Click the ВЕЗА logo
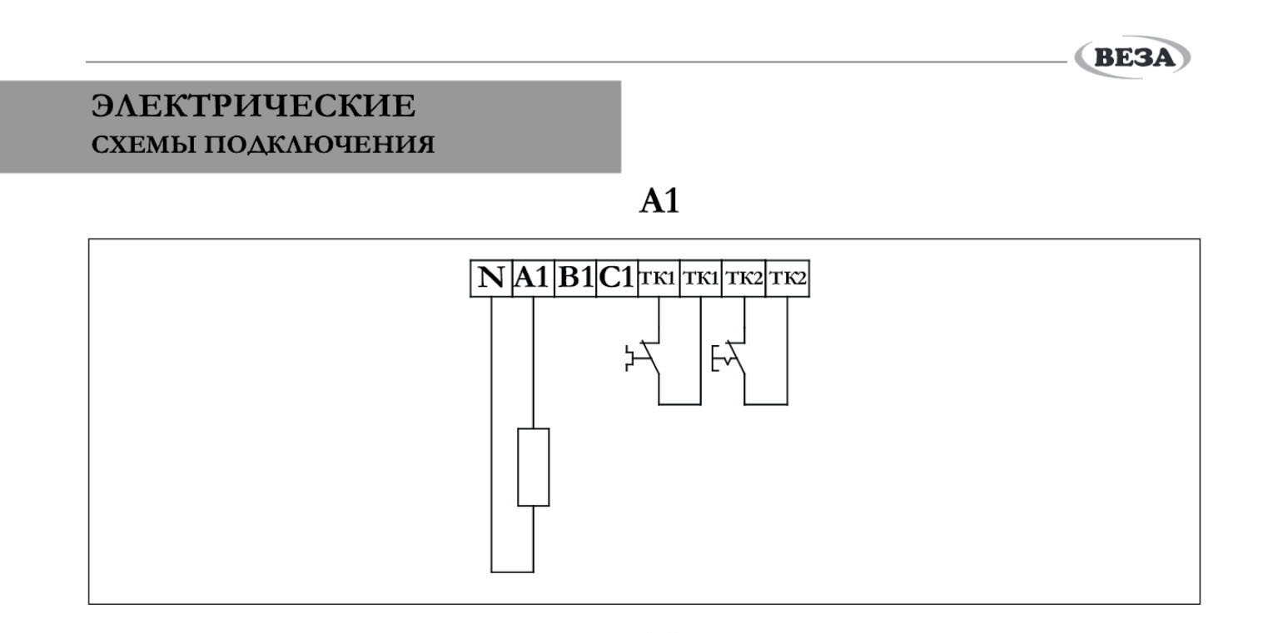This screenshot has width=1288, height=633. point(1132,58)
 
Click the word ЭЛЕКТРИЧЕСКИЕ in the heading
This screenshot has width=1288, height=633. point(253,106)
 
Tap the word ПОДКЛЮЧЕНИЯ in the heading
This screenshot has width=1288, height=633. point(320,146)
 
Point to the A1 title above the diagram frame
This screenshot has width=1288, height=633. point(659,201)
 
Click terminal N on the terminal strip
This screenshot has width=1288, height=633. point(491,278)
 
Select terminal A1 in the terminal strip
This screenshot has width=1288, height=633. point(533,278)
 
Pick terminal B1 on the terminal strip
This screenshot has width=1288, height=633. point(575,278)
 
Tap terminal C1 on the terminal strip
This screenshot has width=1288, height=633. point(617,278)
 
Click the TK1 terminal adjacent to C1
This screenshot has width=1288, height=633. point(659,278)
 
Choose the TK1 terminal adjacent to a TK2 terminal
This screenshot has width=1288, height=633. point(701,278)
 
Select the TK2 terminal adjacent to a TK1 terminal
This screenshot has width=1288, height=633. point(743,278)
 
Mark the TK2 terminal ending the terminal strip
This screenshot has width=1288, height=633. point(787,278)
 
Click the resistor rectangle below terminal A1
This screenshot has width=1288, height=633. point(533,467)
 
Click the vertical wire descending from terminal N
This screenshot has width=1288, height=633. point(491,433)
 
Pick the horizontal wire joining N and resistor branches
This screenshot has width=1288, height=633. point(512,571)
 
